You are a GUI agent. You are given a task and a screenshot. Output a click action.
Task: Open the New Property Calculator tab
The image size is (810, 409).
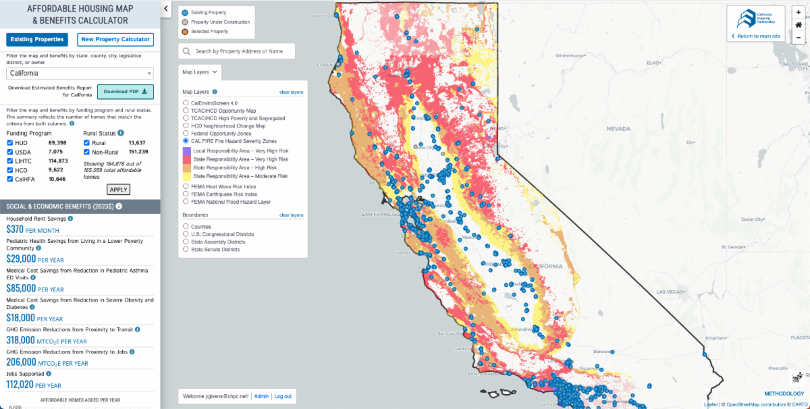pyautogui.click(x=115, y=39)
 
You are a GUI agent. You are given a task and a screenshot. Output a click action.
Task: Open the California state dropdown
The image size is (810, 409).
pyautogui.click(x=80, y=73)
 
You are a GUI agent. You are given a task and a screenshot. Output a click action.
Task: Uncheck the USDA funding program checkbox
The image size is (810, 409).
pyautogui.click(x=9, y=152)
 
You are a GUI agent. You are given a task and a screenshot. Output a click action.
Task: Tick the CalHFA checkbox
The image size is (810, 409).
pyautogui.click(x=9, y=179)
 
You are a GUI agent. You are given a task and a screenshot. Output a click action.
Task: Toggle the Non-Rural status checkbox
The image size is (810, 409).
pyautogui.click(x=86, y=152)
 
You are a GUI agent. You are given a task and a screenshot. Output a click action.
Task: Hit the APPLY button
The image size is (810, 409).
pyautogui.click(x=118, y=190)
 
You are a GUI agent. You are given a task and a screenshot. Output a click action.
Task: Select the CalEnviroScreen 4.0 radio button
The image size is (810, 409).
pyautogui.click(x=186, y=103)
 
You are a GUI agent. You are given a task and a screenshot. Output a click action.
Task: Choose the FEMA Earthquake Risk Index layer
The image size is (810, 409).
pyautogui.click(x=186, y=194)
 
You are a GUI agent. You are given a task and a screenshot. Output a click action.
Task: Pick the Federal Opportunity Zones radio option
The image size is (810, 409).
pyautogui.click(x=186, y=133)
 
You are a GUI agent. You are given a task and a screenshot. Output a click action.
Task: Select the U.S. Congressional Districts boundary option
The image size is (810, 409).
pyautogui.click(x=186, y=234)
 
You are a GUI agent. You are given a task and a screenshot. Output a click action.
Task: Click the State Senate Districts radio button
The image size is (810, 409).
pyautogui.click(x=186, y=249)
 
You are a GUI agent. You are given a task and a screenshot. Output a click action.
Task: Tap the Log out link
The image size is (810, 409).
pyautogui.click(x=283, y=396)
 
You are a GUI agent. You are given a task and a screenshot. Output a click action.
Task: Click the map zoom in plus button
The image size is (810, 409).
pyautogui.click(x=799, y=13)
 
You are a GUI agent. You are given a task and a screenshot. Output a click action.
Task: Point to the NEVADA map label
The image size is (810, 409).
pyautogui.click(x=618, y=128)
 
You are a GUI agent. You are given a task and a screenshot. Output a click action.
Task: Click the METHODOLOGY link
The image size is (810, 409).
pyautogui.click(x=784, y=393)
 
